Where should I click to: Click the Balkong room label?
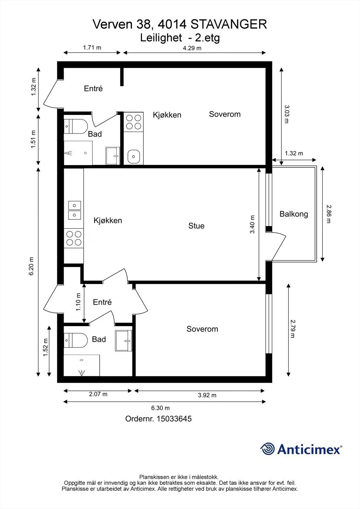(293, 214)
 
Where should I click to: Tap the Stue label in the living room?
(196, 226)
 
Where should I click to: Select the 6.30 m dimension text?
(160, 408)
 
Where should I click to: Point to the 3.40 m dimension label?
(252, 225)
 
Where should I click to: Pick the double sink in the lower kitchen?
(74, 210)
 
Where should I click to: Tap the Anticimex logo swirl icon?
(268, 449)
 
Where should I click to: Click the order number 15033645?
(173, 419)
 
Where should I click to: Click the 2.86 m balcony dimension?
(329, 213)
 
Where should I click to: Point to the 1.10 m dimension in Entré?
(78, 302)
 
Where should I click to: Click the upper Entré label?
(93, 89)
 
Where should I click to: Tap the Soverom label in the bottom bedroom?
(202, 329)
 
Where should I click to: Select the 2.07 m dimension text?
(98, 394)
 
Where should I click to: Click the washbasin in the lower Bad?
(124, 341)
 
